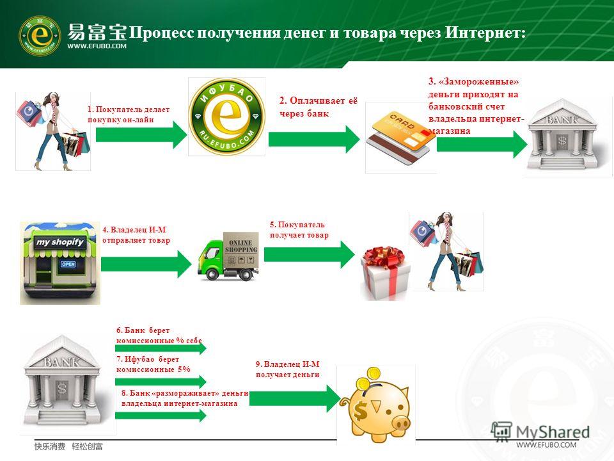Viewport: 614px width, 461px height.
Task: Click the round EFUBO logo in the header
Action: [x=40, y=35]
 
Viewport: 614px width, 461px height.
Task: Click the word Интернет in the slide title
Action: [x=485, y=33]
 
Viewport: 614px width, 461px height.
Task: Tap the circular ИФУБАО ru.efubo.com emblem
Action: [x=226, y=117]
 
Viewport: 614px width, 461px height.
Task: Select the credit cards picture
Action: [x=400, y=138]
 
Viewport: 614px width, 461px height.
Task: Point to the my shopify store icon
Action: [x=60, y=263]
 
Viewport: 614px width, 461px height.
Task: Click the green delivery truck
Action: [x=228, y=256]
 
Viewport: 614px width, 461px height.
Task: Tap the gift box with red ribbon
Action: [x=386, y=273]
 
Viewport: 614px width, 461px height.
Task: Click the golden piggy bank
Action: [x=375, y=405]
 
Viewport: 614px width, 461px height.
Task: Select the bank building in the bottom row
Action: [x=63, y=381]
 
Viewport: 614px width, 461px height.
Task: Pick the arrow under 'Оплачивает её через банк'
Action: [x=314, y=139]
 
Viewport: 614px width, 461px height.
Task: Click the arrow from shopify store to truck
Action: [x=146, y=264]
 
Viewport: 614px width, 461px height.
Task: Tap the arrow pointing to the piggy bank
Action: [x=295, y=399]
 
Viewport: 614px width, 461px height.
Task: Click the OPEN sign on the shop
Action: [x=68, y=264]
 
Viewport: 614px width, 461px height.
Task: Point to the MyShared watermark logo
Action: [x=540, y=432]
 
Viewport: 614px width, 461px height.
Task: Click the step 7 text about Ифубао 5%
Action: [x=153, y=364]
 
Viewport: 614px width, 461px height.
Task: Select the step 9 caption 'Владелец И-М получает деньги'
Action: [x=288, y=369]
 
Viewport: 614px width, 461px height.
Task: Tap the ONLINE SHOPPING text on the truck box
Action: [x=241, y=246]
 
